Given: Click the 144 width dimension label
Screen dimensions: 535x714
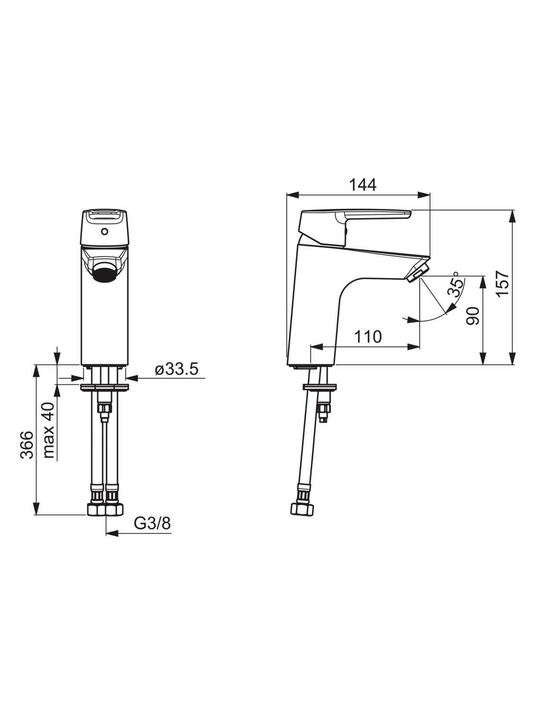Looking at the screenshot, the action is [x=363, y=185].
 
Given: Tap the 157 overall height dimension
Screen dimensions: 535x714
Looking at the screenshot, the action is [x=502, y=283].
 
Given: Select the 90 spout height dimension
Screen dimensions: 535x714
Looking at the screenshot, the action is [x=473, y=315].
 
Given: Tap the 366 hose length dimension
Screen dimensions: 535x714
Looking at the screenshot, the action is [x=27, y=445].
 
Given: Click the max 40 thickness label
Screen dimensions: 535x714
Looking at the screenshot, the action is [x=49, y=430].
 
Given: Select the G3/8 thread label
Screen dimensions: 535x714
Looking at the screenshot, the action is [x=152, y=523].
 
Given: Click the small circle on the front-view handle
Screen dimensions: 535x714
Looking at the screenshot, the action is [x=104, y=231].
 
